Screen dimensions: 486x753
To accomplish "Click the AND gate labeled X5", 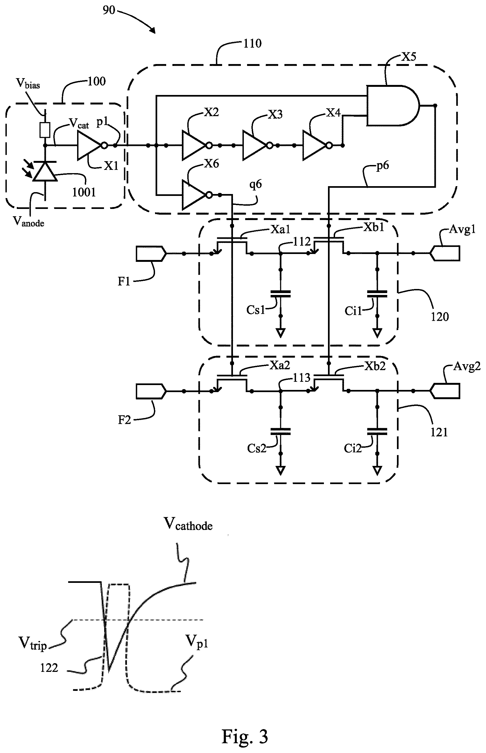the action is (x=393, y=106).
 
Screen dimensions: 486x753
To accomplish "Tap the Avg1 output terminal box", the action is (x=445, y=253).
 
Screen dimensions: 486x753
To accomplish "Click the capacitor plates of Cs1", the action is (x=280, y=294).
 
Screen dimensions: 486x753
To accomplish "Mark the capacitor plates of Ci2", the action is (x=377, y=432).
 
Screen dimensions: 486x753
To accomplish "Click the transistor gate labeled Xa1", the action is (x=232, y=239).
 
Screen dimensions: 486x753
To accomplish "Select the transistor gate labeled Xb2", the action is (x=329, y=377).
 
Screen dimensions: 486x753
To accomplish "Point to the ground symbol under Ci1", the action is (x=377, y=333).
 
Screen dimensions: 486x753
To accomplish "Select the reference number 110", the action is (x=253, y=43).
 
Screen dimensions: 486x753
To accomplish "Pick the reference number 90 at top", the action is (x=109, y=10).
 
